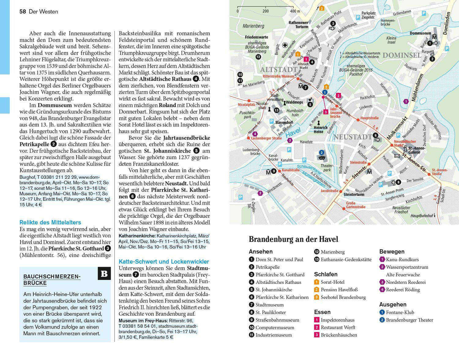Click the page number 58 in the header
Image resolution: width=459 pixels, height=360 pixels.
pos(23,12)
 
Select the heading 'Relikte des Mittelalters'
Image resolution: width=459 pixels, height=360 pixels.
pos(50,222)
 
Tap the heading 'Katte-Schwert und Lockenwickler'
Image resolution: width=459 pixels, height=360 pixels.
pos(164,261)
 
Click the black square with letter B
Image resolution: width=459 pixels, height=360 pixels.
pos(104,273)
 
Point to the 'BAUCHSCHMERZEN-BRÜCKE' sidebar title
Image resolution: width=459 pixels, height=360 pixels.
pos(52,280)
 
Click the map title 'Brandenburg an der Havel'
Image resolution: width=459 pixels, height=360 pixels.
pos(293,239)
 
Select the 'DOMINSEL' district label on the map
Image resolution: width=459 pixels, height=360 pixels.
pos(401,55)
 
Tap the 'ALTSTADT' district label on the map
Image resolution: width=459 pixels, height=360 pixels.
pos(278,70)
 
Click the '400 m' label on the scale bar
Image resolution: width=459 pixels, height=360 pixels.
pos(295,11)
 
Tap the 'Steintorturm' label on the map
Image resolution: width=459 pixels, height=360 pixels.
pos(354,194)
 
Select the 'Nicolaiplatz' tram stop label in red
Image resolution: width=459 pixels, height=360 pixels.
pos(246,105)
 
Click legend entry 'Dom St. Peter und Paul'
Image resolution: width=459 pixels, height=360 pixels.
pos(279,259)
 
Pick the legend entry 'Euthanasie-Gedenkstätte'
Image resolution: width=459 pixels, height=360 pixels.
pos(346,259)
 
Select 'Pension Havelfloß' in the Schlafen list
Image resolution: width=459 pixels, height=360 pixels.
pos(339,289)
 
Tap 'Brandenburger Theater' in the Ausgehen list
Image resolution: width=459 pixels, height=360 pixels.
pos(409,320)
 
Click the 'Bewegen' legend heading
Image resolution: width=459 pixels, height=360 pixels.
pos(392,251)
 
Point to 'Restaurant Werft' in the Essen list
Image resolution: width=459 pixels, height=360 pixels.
pos(338,327)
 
